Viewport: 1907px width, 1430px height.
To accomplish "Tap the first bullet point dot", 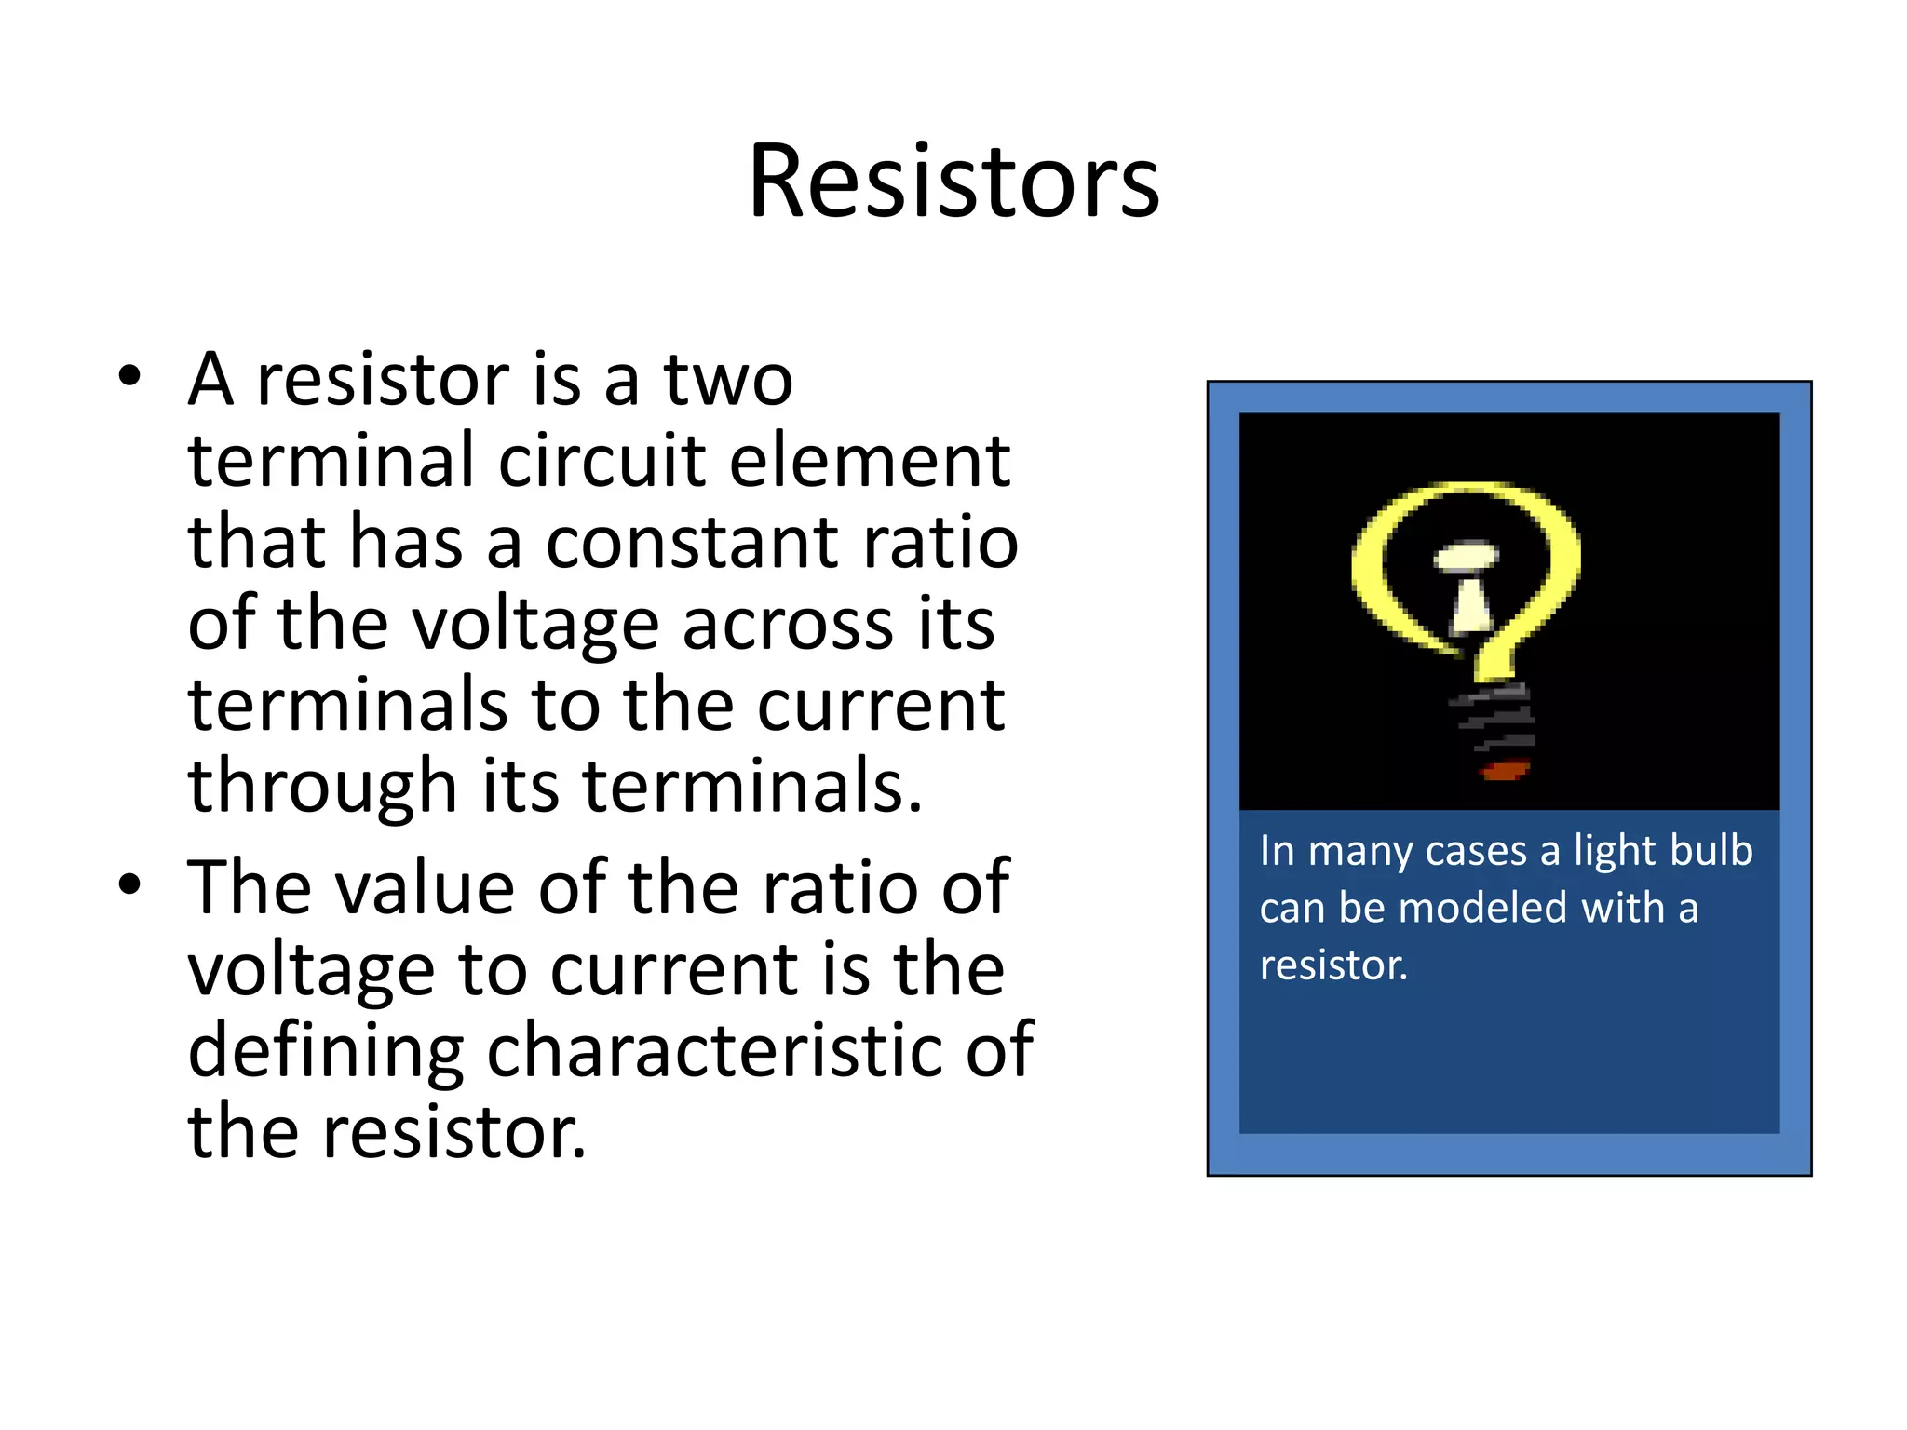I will click(x=129, y=377).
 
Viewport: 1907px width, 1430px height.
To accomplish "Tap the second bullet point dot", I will click(x=129, y=885).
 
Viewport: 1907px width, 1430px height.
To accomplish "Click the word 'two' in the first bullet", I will click(x=727, y=381).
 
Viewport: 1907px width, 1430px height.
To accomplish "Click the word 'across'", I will click(x=788, y=624).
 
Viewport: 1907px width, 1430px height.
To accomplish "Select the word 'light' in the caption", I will click(x=1613, y=851).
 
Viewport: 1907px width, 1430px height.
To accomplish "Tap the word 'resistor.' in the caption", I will click(x=1333, y=965).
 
